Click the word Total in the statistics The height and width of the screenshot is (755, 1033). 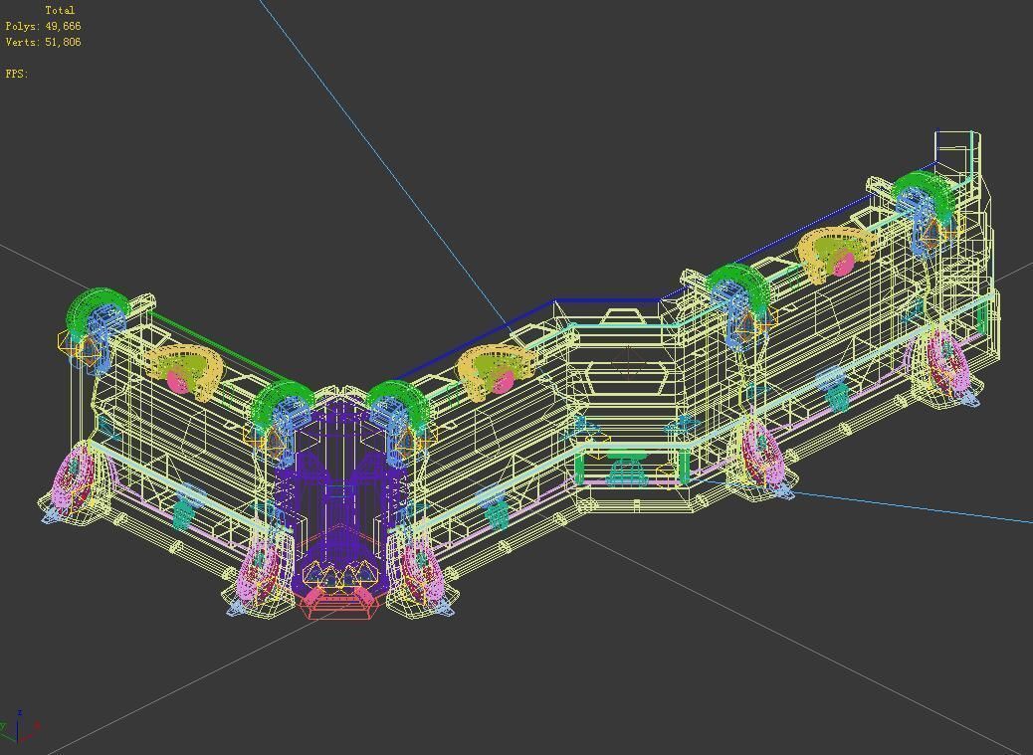(60, 10)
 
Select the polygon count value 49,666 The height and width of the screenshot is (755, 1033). (63, 26)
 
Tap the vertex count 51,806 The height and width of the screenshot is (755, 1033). (63, 42)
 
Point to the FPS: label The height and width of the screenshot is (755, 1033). (17, 74)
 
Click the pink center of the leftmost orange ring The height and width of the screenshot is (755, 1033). (178, 380)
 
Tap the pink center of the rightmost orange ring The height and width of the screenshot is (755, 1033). (844, 264)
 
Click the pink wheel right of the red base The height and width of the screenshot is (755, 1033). (420, 567)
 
